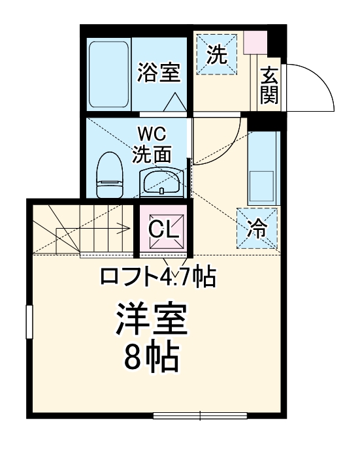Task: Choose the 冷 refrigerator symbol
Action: [257, 228]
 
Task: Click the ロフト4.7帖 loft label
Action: [158, 277]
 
